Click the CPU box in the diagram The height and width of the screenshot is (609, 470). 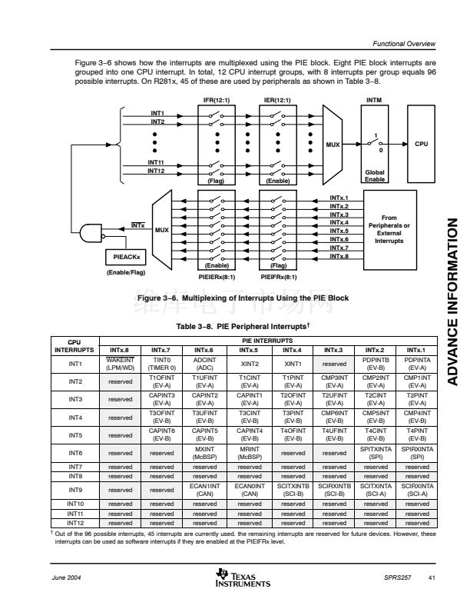coord(422,143)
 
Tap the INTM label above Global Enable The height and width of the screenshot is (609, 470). coord(375,100)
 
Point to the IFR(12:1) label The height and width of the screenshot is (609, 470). coord(216,100)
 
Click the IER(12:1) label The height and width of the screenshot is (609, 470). coord(277,100)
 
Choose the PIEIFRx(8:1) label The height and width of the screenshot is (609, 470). coord(278,277)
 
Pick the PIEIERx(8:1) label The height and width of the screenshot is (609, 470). coord(217,277)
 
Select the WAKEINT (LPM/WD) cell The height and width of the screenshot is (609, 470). coord(121,363)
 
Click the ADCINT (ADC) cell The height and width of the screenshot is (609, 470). coord(205,363)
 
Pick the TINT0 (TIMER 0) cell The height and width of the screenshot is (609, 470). coord(162,363)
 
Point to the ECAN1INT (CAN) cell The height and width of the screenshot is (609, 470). coord(205,489)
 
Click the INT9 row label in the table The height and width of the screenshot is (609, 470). coord(75,489)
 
